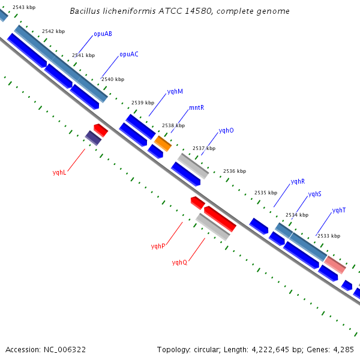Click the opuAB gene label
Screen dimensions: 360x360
click(x=103, y=34)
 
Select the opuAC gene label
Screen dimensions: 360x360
click(x=129, y=55)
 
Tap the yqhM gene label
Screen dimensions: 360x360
click(x=175, y=92)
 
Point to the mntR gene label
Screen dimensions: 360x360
click(x=197, y=107)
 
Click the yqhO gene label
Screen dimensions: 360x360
click(x=226, y=131)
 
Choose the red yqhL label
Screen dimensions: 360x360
click(x=59, y=172)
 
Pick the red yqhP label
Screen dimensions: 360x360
click(x=158, y=247)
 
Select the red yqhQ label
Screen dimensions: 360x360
click(x=179, y=262)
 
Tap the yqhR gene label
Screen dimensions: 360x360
click(x=298, y=182)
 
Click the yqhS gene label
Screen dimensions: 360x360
click(x=315, y=194)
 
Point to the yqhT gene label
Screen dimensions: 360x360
click(x=339, y=211)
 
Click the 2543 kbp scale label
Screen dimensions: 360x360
click(x=24, y=7)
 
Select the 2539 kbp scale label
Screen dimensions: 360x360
click(x=143, y=103)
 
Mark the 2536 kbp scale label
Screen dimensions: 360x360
click(x=235, y=171)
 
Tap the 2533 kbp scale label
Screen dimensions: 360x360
click(x=329, y=236)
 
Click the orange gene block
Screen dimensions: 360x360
click(x=163, y=143)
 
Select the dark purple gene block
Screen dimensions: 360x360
click(x=93, y=138)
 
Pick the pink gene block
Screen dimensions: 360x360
click(x=335, y=265)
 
